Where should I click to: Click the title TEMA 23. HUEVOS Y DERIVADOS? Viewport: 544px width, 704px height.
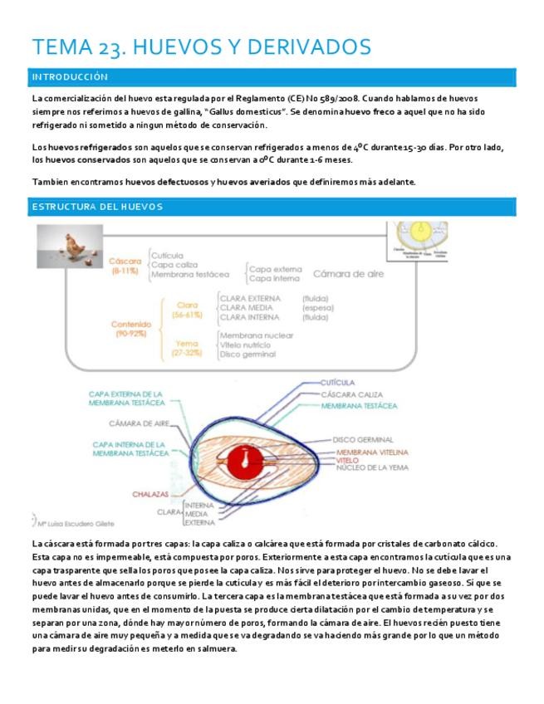(200, 47)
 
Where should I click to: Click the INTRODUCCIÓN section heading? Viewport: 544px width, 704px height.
(70, 77)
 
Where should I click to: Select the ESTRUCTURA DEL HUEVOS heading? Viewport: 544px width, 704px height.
(96, 206)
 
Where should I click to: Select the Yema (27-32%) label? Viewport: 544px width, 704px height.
(186, 347)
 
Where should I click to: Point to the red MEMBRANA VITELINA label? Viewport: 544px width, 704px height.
(371, 452)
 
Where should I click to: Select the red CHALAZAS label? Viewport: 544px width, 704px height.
(150, 495)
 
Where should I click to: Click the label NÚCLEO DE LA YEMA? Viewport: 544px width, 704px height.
(373, 467)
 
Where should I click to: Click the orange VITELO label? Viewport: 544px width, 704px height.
(348, 460)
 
